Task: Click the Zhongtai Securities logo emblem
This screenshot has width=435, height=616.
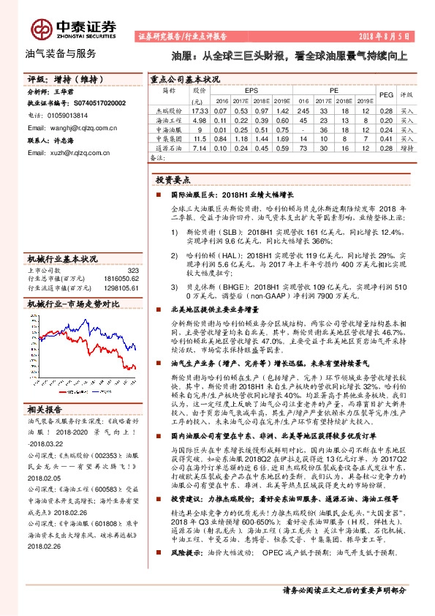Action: pyautogui.click(x=39, y=29)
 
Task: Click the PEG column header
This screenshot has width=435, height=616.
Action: pyautogui.click(x=387, y=94)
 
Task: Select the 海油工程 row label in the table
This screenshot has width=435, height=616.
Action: pyautogui.click(x=168, y=119)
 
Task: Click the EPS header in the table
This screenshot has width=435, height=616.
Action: pyautogui.click(x=251, y=89)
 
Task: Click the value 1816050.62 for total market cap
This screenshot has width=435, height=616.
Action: pyautogui.click(x=120, y=279)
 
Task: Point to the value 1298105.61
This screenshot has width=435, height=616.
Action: pyautogui.click(x=120, y=288)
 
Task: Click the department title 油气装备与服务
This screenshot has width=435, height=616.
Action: pyautogui.click(x=61, y=54)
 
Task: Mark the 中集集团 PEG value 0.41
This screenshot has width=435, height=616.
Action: pyautogui.click(x=387, y=138)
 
